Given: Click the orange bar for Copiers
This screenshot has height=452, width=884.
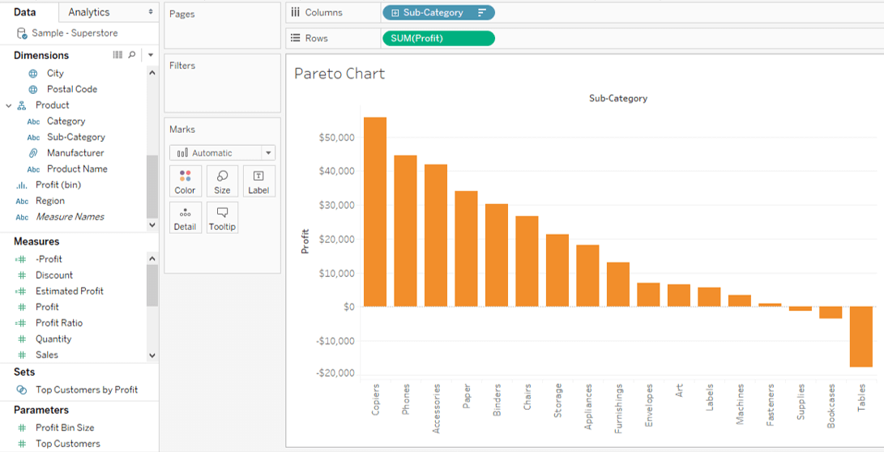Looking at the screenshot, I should (x=374, y=212).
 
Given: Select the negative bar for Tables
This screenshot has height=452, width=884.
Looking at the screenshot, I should (x=861, y=336).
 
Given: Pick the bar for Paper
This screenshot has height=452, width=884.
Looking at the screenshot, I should (x=466, y=249).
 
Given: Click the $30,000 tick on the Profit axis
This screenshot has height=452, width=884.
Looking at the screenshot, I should (x=336, y=206).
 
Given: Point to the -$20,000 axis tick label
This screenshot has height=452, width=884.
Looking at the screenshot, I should (x=335, y=373).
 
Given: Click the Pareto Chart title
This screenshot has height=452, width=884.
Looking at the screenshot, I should (x=340, y=74).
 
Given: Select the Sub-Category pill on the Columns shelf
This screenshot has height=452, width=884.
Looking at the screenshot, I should (x=438, y=13).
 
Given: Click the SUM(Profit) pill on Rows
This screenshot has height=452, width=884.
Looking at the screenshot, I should (x=438, y=39).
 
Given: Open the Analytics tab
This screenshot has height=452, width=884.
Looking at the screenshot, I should (x=89, y=12).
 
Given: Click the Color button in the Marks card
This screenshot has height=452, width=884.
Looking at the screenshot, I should (x=185, y=181).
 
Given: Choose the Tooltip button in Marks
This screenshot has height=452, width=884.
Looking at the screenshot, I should (x=222, y=218).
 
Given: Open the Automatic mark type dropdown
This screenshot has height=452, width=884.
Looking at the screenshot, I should (x=222, y=153).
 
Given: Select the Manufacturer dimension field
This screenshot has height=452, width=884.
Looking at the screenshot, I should (x=75, y=153).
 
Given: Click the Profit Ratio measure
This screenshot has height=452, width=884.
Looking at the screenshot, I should (x=59, y=323).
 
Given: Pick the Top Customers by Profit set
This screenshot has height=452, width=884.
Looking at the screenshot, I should (x=87, y=390).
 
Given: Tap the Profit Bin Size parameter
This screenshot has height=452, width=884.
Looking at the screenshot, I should (x=65, y=428).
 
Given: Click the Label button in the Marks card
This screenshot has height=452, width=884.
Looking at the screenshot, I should (x=258, y=181).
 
